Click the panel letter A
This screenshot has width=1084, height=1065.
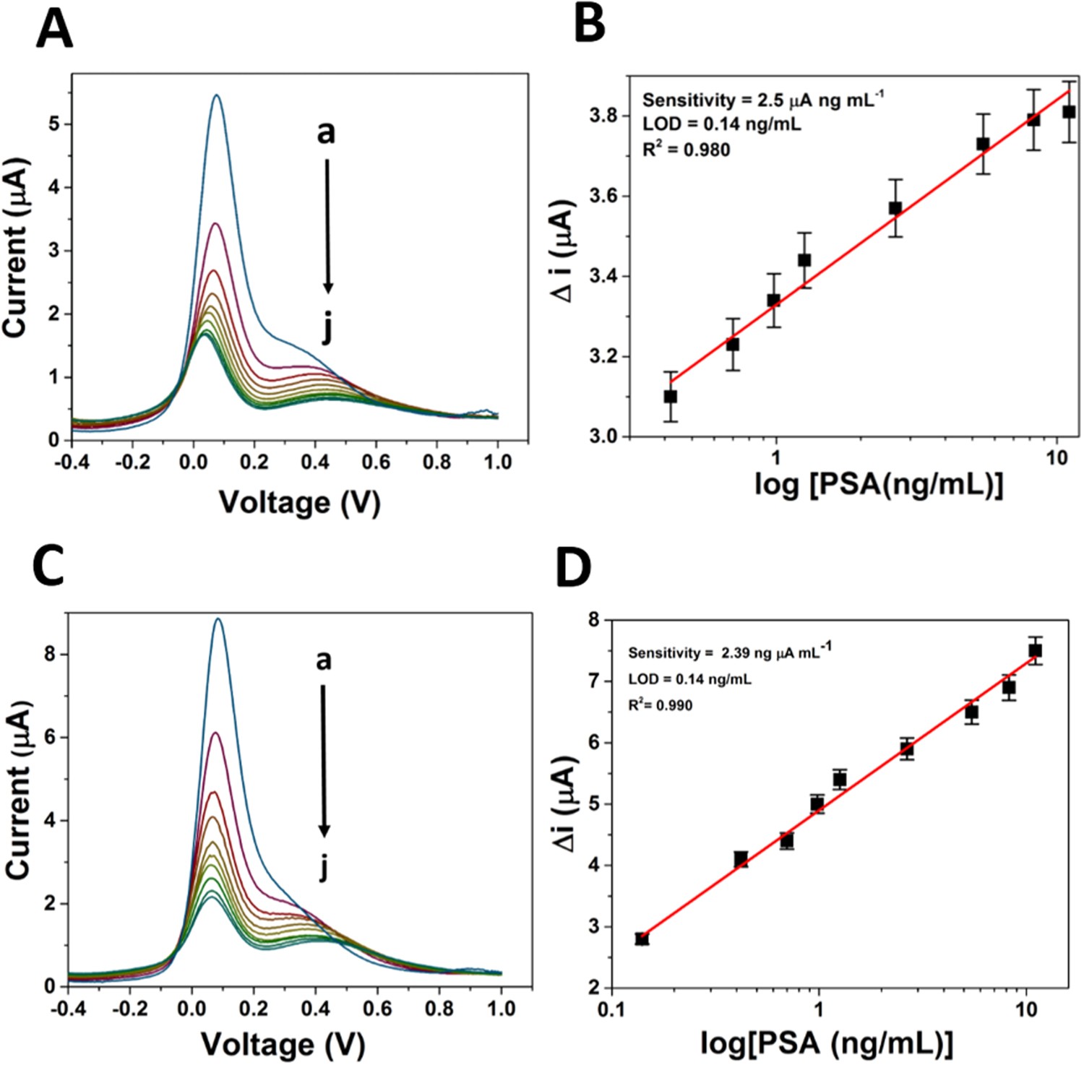click(x=54, y=30)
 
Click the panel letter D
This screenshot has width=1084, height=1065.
click(x=573, y=569)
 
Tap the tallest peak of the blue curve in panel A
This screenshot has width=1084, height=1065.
click(x=215, y=95)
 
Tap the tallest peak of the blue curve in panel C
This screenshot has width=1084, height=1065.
click(x=218, y=618)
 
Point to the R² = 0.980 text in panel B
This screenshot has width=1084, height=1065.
click(x=686, y=150)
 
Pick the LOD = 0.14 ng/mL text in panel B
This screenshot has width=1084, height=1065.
click(x=721, y=124)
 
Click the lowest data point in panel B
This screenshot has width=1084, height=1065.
click(x=670, y=397)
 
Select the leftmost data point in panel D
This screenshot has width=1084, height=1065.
click(x=642, y=939)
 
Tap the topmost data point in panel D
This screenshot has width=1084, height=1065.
click(x=1035, y=651)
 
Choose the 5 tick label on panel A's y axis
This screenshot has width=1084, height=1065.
click(x=56, y=124)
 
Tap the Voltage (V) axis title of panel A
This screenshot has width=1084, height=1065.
click(x=299, y=501)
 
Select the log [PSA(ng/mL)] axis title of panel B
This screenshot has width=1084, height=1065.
click(x=878, y=485)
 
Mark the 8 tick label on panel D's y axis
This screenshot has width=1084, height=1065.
click(x=593, y=620)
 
